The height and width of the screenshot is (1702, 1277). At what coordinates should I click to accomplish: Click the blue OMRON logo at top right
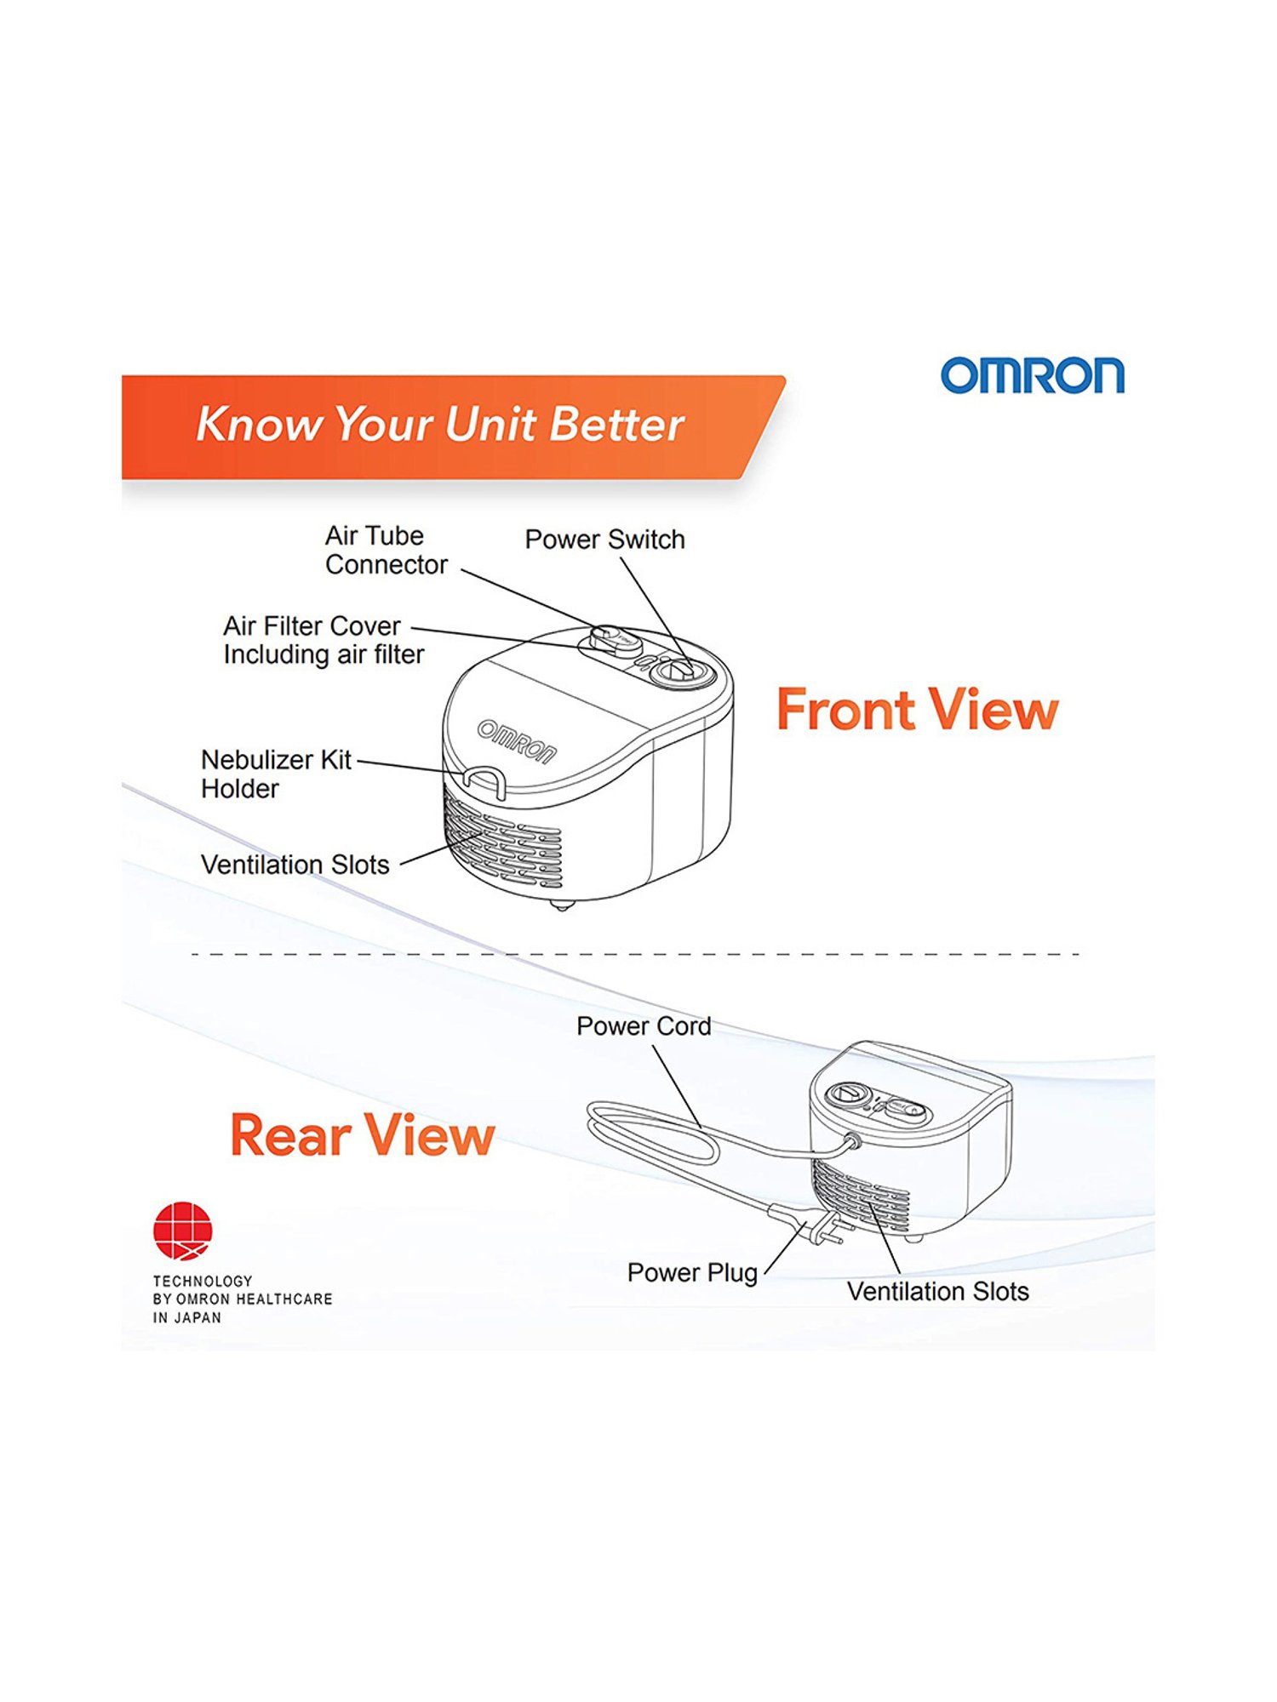tap(1032, 375)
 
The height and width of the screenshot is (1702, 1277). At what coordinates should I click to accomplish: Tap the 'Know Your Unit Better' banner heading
tap(440, 424)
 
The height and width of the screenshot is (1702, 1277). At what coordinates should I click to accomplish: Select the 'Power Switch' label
tap(604, 540)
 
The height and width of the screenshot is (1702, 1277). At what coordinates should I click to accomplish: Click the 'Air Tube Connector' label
tap(387, 551)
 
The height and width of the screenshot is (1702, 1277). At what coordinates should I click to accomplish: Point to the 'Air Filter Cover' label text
tap(312, 626)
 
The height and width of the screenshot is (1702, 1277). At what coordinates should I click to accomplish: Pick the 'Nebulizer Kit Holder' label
tap(276, 774)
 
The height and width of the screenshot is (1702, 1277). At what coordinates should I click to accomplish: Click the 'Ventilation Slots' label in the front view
tap(295, 865)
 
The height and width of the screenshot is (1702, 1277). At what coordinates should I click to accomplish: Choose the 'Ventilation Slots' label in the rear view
tap(938, 1292)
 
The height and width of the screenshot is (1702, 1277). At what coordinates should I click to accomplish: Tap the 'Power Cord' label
tap(644, 1026)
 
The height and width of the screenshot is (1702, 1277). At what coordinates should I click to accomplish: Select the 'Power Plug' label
tap(692, 1273)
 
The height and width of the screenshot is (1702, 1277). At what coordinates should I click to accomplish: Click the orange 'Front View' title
tap(917, 710)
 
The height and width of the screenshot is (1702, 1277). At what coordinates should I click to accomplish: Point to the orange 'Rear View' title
tap(362, 1135)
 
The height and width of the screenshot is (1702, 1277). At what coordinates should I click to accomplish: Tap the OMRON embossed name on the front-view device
tap(517, 742)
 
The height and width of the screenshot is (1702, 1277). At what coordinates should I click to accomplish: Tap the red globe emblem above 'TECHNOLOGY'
tap(183, 1231)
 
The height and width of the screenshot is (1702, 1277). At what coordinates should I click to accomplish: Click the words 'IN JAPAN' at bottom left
tap(187, 1318)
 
